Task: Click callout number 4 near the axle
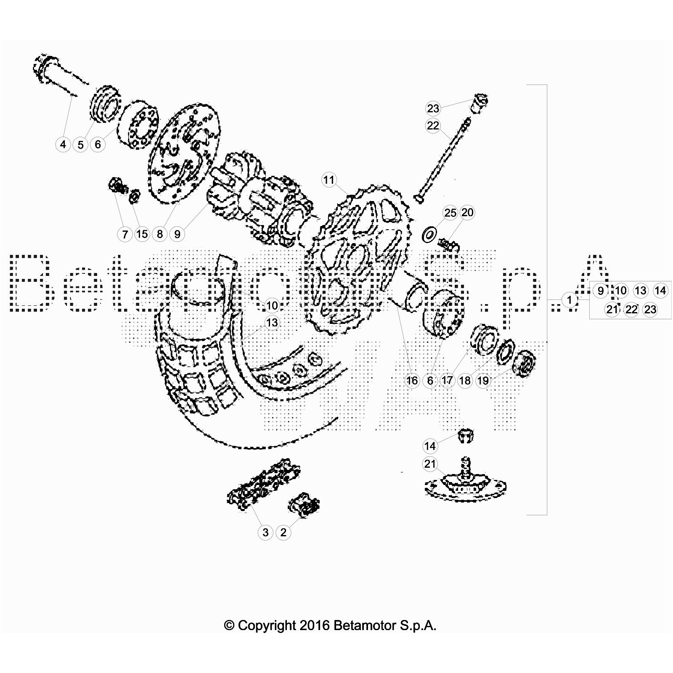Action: (63, 145)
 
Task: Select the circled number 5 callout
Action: (80, 145)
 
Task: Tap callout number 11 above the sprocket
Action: (329, 180)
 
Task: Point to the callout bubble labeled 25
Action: (450, 213)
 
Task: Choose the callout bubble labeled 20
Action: (467, 213)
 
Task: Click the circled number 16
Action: (412, 381)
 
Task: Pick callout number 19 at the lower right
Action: (483, 381)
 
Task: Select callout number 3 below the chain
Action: (265, 532)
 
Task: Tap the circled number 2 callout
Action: (283, 532)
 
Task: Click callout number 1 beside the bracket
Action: (570, 300)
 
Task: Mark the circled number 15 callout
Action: (142, 234)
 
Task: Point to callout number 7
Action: (125, 234)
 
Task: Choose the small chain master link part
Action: (304, 503)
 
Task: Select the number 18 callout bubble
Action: (465, 381)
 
